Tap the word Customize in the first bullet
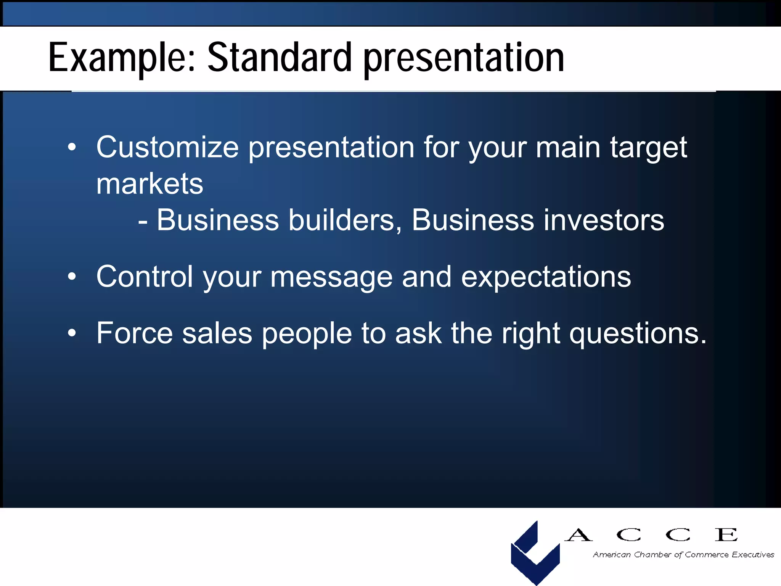tap(167, 148)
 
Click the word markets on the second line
tap(149, 184)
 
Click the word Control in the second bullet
tap(144, 277)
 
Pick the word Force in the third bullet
tap(134, 333)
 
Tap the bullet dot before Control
tap(72, 277)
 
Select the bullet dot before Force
tap(72, 333)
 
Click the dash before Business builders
tap(143, 221)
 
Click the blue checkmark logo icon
tap(535, 553)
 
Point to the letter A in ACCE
tap(579, 535)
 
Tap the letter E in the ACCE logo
tap(726, 535)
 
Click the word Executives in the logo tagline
tap(753, 555)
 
